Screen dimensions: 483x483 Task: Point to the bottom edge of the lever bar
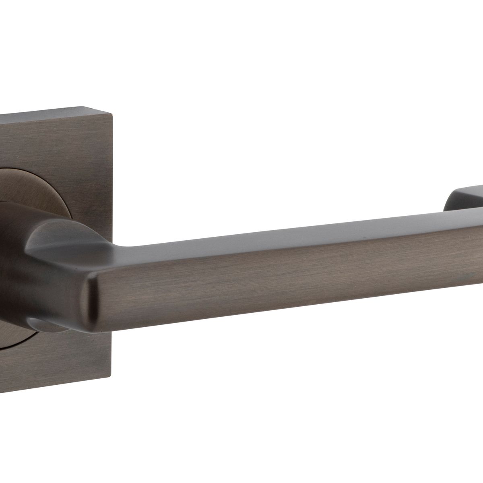[x=282, y=312]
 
